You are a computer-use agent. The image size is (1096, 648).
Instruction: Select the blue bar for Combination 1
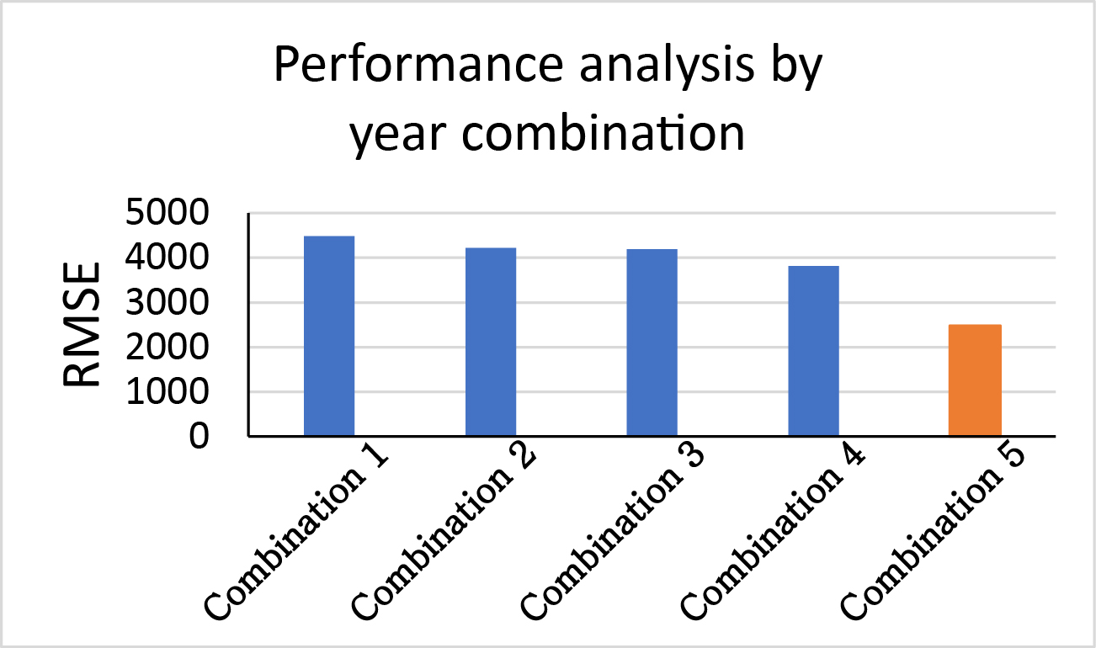pos(329,336)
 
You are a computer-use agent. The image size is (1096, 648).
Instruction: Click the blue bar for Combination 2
pos(491,342)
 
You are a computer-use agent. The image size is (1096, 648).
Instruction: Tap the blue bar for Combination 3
pos(652,343)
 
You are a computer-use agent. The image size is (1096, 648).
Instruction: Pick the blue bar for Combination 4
pos(814,351)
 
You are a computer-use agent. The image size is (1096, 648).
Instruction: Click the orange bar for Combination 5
pos(975,380)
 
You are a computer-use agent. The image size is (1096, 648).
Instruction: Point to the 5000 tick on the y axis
pos(168,213)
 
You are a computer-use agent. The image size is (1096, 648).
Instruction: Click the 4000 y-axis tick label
pos(168,258)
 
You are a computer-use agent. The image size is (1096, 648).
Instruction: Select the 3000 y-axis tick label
pos(168,303)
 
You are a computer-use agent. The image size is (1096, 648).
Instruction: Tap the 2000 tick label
pos(168,348)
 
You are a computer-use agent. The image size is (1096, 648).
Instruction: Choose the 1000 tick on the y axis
pos(168,391)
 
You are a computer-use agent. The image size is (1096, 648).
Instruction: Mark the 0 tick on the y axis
pos(200,436)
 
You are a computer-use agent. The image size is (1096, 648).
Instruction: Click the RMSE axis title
pos(82,325)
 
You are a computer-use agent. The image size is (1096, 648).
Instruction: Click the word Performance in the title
pos(419,65)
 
